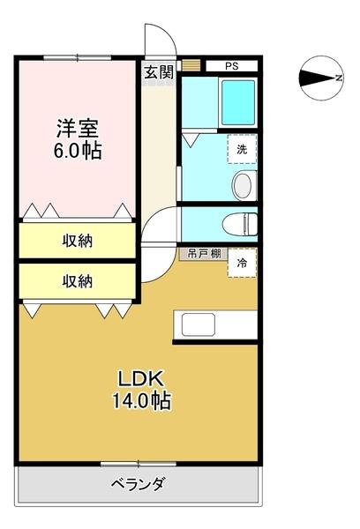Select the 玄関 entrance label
tap(159, 73)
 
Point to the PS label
tap(231, 66)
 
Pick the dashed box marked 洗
tap(241, 149)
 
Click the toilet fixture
tap(237, 223)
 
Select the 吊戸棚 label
tap(202, 253)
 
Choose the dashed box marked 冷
tap(242, 262)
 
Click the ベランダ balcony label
tap(139, 484)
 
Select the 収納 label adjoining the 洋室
tap(78, 240)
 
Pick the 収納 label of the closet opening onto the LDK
tap(78, 281)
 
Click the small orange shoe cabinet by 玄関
tap(191, 66)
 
